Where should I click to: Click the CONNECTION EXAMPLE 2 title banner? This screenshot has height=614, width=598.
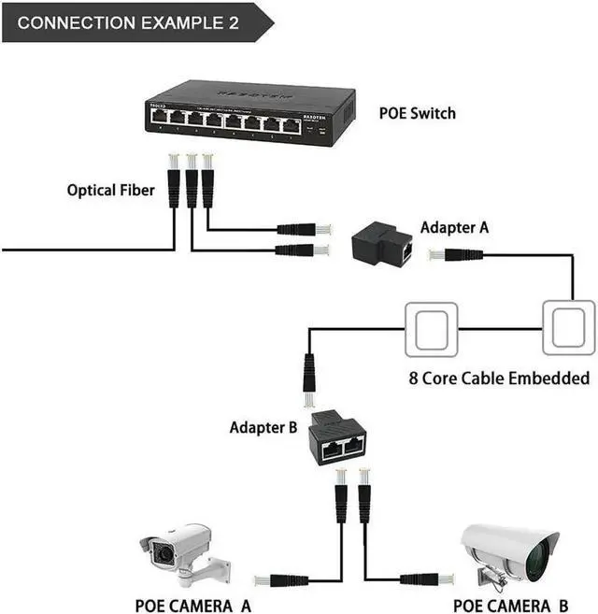coord(131,21)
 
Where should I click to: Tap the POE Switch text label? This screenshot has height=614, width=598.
coord(417,113)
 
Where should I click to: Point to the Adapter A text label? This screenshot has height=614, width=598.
coord(454,227)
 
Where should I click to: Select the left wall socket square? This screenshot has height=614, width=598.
coord(431,328)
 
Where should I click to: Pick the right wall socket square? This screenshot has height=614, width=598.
coord(568,328)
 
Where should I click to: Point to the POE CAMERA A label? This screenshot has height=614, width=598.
coord(192,606)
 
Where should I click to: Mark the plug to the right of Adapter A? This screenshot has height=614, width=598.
coord(454,255)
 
